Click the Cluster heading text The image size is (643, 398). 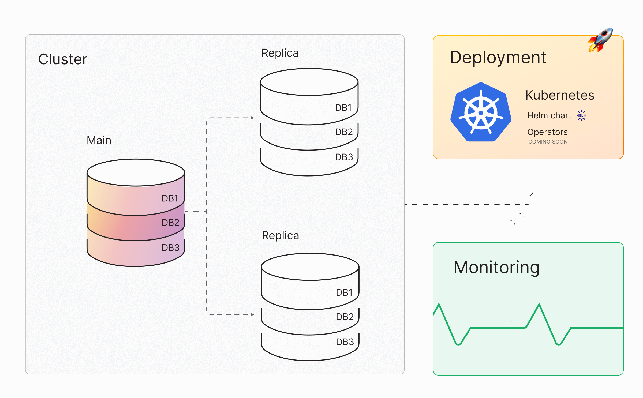(63, 59)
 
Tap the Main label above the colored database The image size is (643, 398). (99, 140)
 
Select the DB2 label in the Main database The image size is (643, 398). (170, 223)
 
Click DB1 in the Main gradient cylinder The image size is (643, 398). (170, 198)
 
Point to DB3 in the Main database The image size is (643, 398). (170, 248)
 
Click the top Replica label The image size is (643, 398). (280, 53)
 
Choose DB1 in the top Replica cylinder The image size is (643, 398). (343, 108)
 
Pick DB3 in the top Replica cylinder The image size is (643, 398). (344, 157)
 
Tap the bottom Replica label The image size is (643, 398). (280, 236)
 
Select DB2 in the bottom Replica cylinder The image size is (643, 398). (345, 317)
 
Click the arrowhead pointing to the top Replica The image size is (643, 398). (252, 118)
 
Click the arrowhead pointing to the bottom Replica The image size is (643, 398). (252, 314)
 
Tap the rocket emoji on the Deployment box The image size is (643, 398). (600, 40)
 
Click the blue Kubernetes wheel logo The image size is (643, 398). (481, 112)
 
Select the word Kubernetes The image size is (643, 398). (560, 95)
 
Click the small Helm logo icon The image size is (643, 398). (581, 115)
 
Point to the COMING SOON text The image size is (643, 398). (548, 142)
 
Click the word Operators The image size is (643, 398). (547, 132)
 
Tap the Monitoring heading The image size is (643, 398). (496, 268)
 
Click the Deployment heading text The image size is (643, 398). (498, 58)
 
